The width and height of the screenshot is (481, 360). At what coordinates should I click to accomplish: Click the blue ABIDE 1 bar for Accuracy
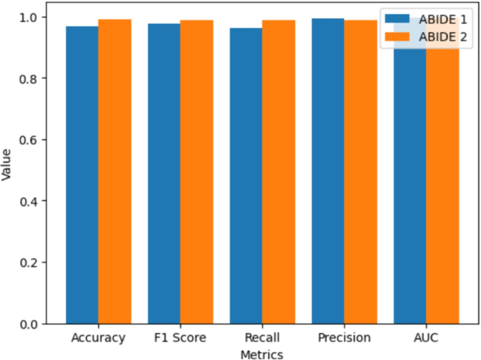82,175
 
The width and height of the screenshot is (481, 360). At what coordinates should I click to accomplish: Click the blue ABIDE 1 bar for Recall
246,176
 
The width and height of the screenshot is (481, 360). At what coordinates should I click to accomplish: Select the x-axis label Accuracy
98,338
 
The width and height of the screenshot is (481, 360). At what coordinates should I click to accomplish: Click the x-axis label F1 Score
180,338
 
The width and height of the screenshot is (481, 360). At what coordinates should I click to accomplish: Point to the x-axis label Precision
344,338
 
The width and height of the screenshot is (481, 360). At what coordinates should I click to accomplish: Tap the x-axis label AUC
426,338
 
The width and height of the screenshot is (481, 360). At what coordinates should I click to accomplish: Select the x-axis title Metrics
262,354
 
